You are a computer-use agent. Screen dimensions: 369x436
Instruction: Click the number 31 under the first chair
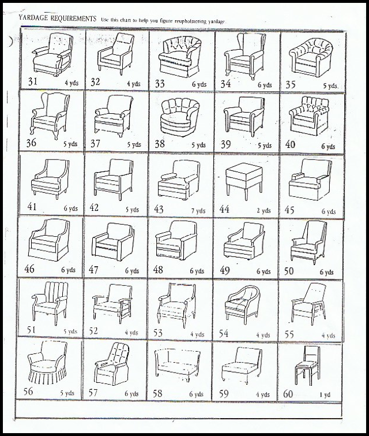click(33, 81)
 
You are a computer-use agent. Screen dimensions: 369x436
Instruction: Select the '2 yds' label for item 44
click(263, 210)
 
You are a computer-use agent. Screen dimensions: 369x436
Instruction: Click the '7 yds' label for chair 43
click(198, 211)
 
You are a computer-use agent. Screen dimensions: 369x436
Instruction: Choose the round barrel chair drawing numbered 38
click(179, 117)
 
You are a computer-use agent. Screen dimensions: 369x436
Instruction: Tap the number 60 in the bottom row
click(288, 394)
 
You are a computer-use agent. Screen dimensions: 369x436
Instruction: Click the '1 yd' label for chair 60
click(325, 394)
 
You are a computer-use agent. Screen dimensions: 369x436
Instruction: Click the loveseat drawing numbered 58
click(177, 365)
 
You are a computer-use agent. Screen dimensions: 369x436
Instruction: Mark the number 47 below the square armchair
click(93, 269)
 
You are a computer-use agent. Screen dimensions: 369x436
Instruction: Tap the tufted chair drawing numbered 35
click(311, 59)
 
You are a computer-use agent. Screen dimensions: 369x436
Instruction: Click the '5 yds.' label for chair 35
click(330, 85)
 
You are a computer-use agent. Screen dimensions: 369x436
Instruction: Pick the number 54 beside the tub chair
click(224, 333)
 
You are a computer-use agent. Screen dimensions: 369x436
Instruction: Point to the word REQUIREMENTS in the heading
click(74, 18)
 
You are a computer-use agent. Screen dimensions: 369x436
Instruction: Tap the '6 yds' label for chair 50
click(326, 272)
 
